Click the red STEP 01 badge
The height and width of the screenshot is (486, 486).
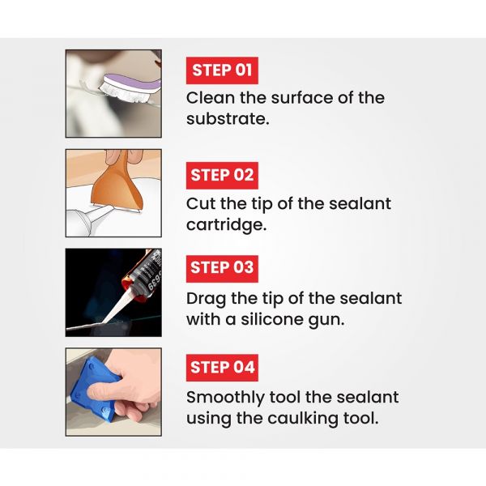[222, 70]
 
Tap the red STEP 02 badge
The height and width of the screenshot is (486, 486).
[222, 176]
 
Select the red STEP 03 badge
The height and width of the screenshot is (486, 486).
[222, 269]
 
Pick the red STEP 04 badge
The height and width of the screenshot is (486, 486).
[222, 368]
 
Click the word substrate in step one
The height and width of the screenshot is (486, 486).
[228, 119]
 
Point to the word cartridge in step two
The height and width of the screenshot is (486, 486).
[226, 224]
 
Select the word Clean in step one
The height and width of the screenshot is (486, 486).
[211, 98]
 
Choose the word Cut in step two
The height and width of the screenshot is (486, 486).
[201, 203]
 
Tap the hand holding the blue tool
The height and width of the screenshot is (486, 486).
[134, 387]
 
